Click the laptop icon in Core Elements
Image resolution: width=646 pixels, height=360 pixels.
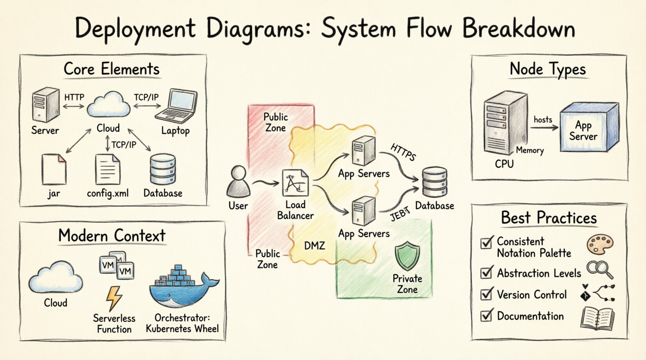[177, 106]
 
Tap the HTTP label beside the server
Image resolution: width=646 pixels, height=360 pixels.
[74, 97]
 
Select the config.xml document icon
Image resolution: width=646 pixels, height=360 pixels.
[108, 169]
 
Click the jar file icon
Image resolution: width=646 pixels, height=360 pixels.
[54, 169]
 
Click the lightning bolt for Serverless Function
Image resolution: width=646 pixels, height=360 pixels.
[114, 298]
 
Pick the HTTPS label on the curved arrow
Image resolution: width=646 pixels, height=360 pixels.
[403, 152]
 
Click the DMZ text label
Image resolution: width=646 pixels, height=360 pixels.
[314, 246]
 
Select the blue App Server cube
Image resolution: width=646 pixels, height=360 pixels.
[589, 127]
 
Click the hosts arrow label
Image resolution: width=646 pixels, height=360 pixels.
[543, 119]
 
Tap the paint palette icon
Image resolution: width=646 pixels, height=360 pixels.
[600, 244]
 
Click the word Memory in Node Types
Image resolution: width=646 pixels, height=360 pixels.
[530, 151]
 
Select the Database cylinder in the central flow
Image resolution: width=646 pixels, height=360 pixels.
[434, 182]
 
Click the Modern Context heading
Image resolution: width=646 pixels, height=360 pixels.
[112, 235]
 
